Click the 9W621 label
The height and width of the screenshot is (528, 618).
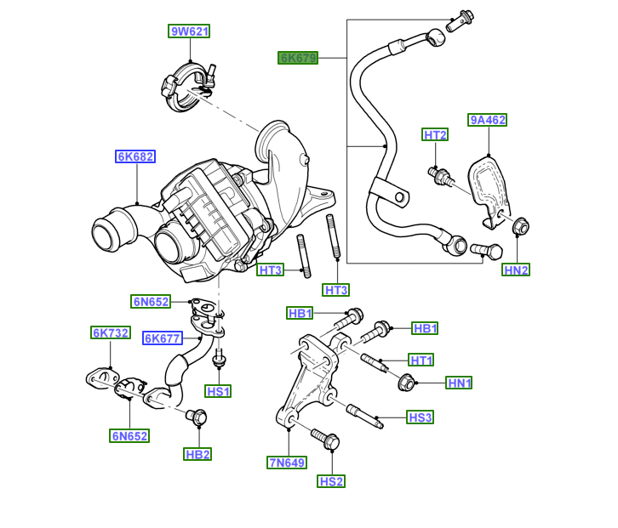pyautogui.click(x=189, y=32)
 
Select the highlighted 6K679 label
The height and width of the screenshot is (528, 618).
pyautogui.click(x=298, y=58)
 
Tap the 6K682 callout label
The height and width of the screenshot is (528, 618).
pyautogui.click(x=135, y=156)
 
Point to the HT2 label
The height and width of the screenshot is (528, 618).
pyautogui.click(x=435, y=135)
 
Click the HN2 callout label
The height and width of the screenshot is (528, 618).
pyautogui.click(x=516, y=270)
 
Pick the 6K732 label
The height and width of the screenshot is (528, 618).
pyautogui.click(x=111, y=332)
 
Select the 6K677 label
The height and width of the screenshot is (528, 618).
pyautogui.click(x=162, y=338)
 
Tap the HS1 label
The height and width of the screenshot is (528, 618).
pyautogui.click(x=219, y=391)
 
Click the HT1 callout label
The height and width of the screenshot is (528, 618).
pyautogui.click(x=421, y=360)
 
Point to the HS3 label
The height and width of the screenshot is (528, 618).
pyautogui.click(x=421, y=417)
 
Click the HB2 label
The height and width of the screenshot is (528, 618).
pyautogui.click(x=197, y=455)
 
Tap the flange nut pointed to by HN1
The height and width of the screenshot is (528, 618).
pyautogui.click(x=406, y=383)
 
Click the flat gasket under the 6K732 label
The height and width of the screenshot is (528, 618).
pyautogui.click(x=100, y=377)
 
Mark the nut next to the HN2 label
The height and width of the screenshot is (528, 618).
pyautogui.click(x=520, y=227)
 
